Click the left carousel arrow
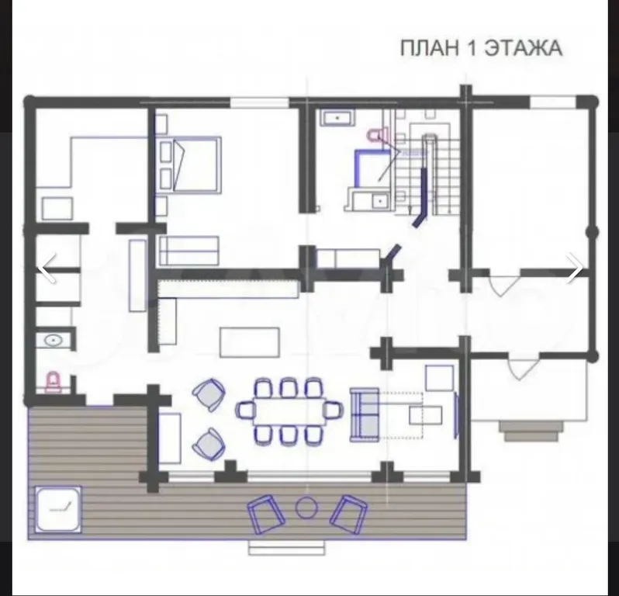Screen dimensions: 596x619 [x=47, y=268]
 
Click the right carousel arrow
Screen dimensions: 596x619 [x=575, y=268]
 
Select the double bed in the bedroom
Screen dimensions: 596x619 [x=192, y=165]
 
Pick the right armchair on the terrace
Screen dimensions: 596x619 [x=348, y=512]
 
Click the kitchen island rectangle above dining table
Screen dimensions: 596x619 [x=249, y=341]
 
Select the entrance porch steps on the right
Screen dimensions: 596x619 [x=531, y=429]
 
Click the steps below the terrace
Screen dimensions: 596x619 [x=285, y=548]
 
